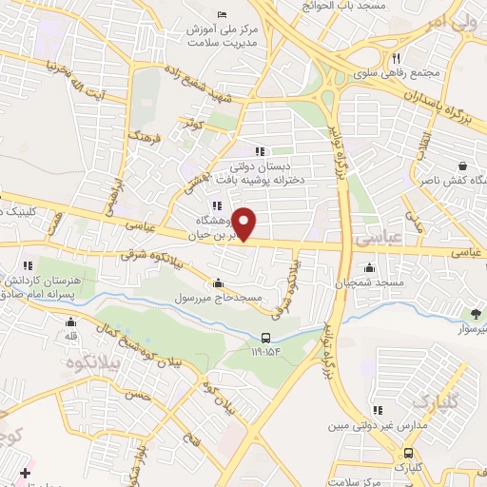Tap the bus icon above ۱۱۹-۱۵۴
coord(266,337)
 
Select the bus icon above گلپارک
coord(408,453)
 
